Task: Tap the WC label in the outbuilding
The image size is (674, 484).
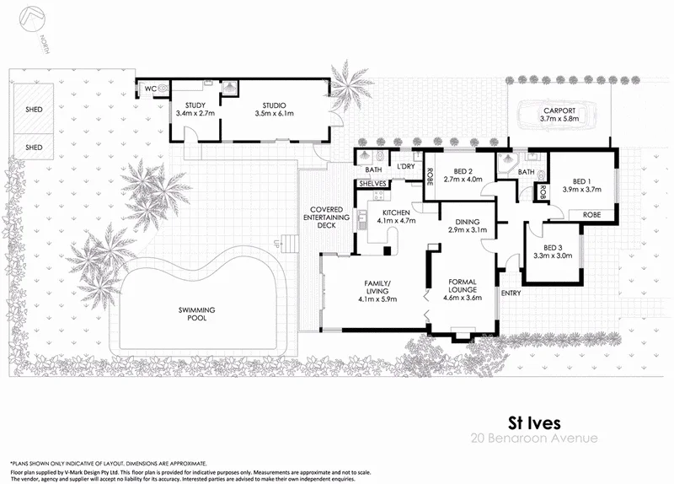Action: point(150,88)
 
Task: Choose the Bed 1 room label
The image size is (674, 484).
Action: point(580,186)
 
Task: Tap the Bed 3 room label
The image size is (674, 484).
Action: point(553,250)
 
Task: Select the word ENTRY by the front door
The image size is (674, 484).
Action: point(511,293)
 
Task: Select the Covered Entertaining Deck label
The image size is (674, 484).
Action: point(324,218)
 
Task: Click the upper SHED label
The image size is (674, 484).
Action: point(34,110)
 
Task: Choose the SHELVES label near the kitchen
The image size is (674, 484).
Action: point(372,183)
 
